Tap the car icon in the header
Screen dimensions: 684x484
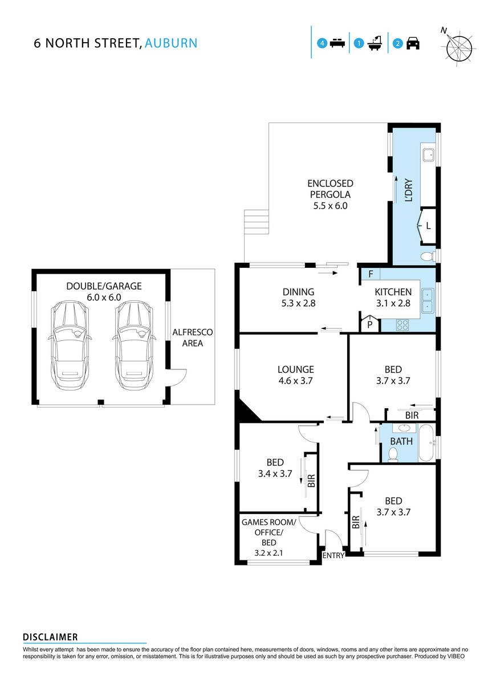pos(413,43)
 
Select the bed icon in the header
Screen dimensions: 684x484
pos(337,43)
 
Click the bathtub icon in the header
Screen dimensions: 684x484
pos(375,43)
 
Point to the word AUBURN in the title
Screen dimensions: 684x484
pos(171,43)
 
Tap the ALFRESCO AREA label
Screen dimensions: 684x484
pos(192,337)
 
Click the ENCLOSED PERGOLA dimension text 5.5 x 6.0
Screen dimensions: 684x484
pos(330,206)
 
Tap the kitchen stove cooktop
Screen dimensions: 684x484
pos(402,325)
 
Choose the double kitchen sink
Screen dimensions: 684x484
pos(427,301)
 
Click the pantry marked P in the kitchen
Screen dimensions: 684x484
pos(369,324)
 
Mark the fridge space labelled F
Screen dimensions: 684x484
pos(371,274)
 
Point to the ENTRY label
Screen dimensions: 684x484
pos(333,556)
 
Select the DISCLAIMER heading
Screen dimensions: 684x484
pos(50,637)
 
